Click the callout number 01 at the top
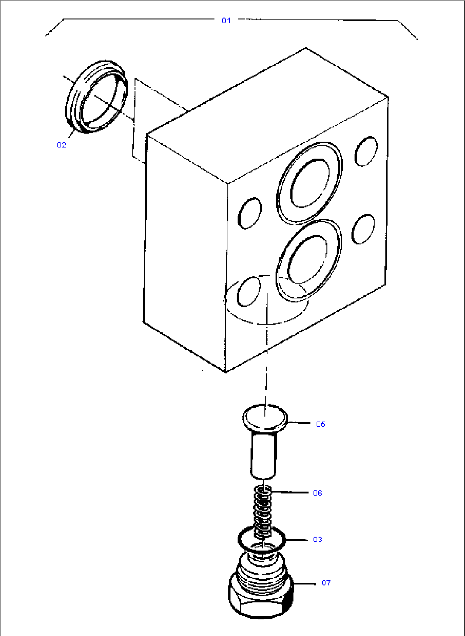click(x=226, y=20)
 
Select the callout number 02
click(x=61, y=145)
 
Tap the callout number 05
click(x=320, y=424)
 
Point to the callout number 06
click(x=317, y=493)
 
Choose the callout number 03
click(x=317, y=539)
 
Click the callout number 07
click(x=326, y=582)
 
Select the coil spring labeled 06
click(x=263, y=512)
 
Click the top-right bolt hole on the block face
click(x=366, y=151)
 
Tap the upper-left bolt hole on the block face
click(x=250, y=213)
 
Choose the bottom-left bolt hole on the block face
click(x=249, y=291)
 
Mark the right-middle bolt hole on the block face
click(x=363, y=229)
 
